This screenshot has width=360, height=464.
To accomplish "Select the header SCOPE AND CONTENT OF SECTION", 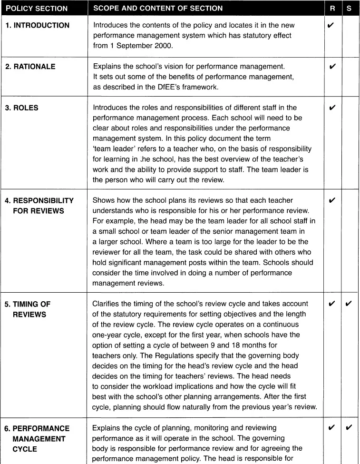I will point(157,8).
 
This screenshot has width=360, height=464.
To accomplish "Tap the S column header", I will point(350,8).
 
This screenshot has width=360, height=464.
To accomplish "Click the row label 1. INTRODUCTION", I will point(37,25).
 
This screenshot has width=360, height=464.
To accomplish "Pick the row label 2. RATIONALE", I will point(30,67).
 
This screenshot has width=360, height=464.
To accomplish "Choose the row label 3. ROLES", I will point(22,108).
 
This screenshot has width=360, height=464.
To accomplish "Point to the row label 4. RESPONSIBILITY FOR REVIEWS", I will point(39,206).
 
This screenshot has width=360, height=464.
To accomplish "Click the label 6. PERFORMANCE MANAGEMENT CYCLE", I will point(37,438).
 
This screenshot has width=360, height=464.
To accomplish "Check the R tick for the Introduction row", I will point(331,25).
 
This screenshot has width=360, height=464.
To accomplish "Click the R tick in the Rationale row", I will point(332,67).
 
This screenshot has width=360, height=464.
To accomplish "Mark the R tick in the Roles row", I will point(332,108).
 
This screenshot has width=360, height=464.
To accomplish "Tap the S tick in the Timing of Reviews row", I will point(349,304).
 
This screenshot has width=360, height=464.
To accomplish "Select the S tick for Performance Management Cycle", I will point(349,428).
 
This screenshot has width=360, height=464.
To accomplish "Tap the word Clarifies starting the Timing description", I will point(106,304).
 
